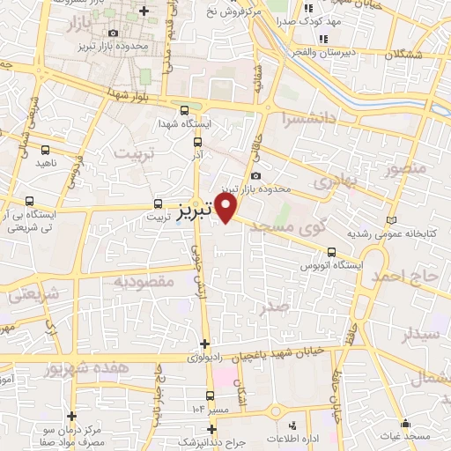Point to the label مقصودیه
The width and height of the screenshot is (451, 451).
(144, 281)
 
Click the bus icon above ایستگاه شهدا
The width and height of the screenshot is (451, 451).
(183, 111)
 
